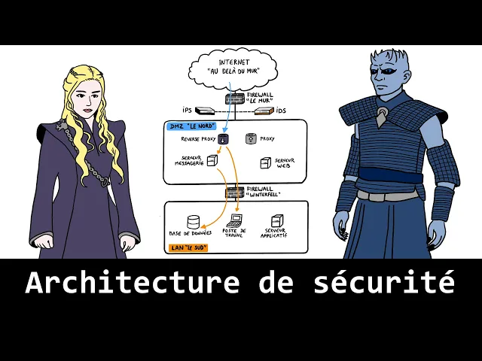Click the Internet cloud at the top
(233, 69)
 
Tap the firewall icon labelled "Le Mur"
(233, 99)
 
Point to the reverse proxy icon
(224, 139)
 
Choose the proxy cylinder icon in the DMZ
(251, 138)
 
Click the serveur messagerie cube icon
(213, 160)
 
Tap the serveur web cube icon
(265, 162)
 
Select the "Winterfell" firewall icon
(233, 193)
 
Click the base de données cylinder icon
(194, 222)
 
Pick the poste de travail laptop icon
(235, 221)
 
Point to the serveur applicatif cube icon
(276, 221)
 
